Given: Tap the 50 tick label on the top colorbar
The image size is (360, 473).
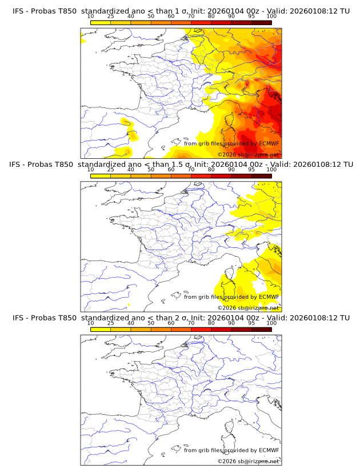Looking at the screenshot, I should click(x=151, y=17).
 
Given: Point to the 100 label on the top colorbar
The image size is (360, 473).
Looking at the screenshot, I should click(x=271, y=17).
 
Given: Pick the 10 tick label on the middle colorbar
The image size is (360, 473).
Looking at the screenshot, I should click(x=90, y=170).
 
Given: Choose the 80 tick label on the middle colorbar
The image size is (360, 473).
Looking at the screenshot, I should click(x=211, y=170).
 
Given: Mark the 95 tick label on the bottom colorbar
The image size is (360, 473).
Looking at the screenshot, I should click(x=251, y=323).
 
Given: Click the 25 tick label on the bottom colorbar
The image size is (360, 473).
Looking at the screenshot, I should click(x=110, y=323).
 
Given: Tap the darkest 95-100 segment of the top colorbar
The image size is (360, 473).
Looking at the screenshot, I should click(x=262, y=22).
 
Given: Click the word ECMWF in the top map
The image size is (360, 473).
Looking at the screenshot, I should click(x=269, y=144).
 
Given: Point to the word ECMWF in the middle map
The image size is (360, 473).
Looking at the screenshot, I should click(x=269, y=297).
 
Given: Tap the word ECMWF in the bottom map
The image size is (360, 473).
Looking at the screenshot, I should click(x=269, y=450).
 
